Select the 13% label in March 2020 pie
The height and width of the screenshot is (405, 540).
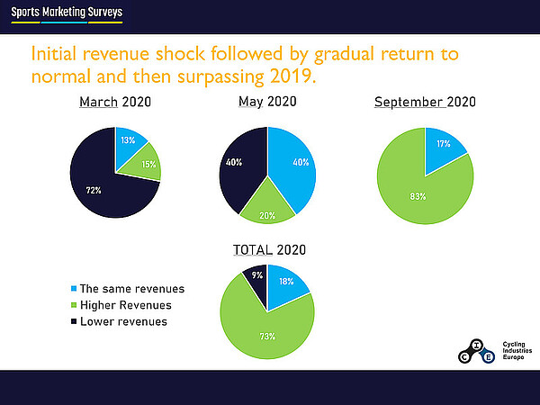(128, 139)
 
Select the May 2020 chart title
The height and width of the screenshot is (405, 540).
(267, 102)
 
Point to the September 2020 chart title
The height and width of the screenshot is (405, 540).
(424, 102)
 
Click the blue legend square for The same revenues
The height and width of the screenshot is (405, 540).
(73, 289)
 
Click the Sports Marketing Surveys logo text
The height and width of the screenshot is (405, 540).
(67, 13)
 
